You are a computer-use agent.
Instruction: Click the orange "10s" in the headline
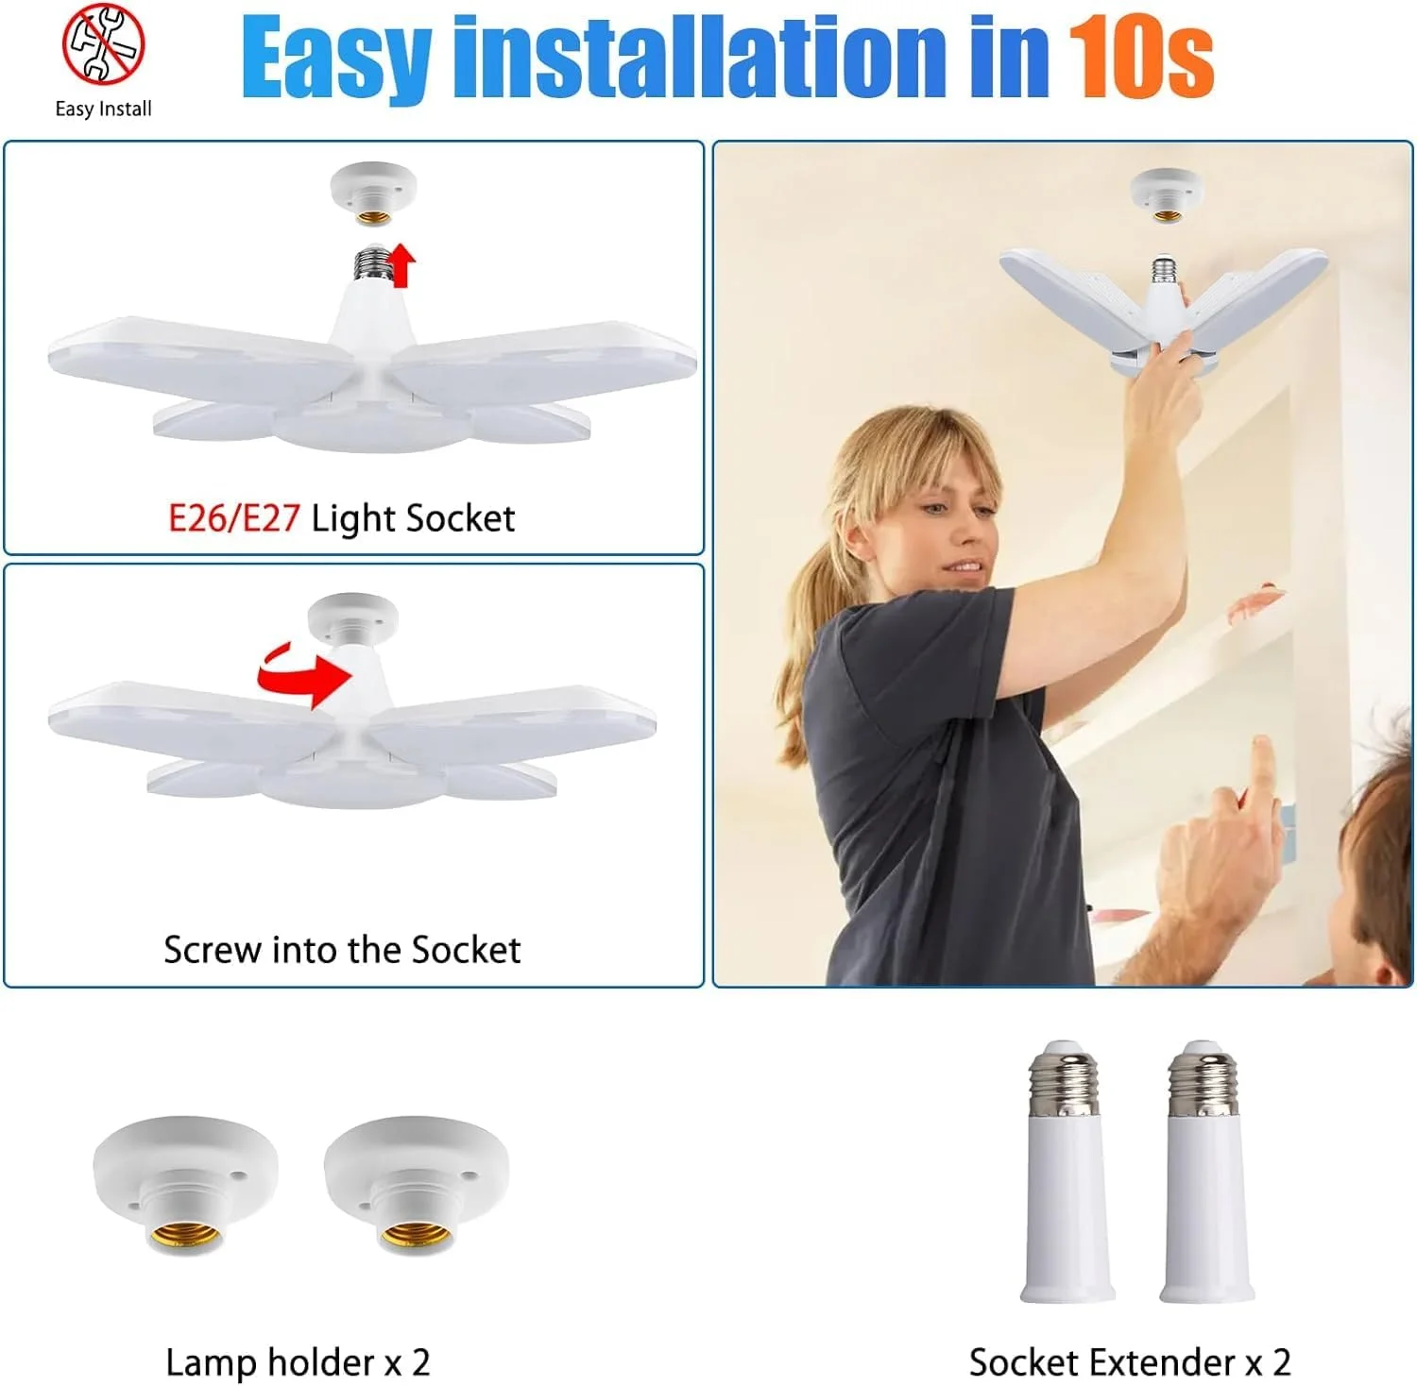click(x=1140, y=59)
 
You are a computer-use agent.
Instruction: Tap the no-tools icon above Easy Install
click(x=104, y=43)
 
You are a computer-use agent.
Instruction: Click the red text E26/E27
click(x=234, y=518)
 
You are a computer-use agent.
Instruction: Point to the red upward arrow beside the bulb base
click(x=403, y=264)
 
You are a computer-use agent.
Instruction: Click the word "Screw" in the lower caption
click(x=213, y=950)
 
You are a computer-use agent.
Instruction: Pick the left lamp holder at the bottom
click(x=185, y=1185)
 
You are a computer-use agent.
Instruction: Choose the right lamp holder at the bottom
click(x=416, y=1185)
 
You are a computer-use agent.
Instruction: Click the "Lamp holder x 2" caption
click(x=298, y=1362)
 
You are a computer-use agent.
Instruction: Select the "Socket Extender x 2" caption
click(x=1130, y=1362)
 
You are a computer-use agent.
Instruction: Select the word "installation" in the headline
click(x=700, y=57)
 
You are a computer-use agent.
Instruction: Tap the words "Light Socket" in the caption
click(x=413, y=518)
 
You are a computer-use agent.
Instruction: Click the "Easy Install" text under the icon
click(x=103, y=109)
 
